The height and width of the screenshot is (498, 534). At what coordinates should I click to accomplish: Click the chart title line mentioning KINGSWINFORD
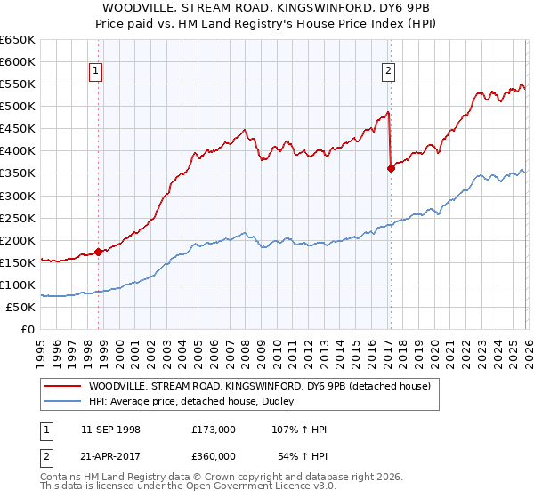266,8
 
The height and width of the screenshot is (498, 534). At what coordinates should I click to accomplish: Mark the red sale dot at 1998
98,252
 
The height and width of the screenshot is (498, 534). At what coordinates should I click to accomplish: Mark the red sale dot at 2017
391,168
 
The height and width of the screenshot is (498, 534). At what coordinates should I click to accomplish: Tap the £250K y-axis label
18,218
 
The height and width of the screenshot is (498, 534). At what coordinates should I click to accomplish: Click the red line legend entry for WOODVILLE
259,386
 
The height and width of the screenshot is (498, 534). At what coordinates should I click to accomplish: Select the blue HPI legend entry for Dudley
196,401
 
